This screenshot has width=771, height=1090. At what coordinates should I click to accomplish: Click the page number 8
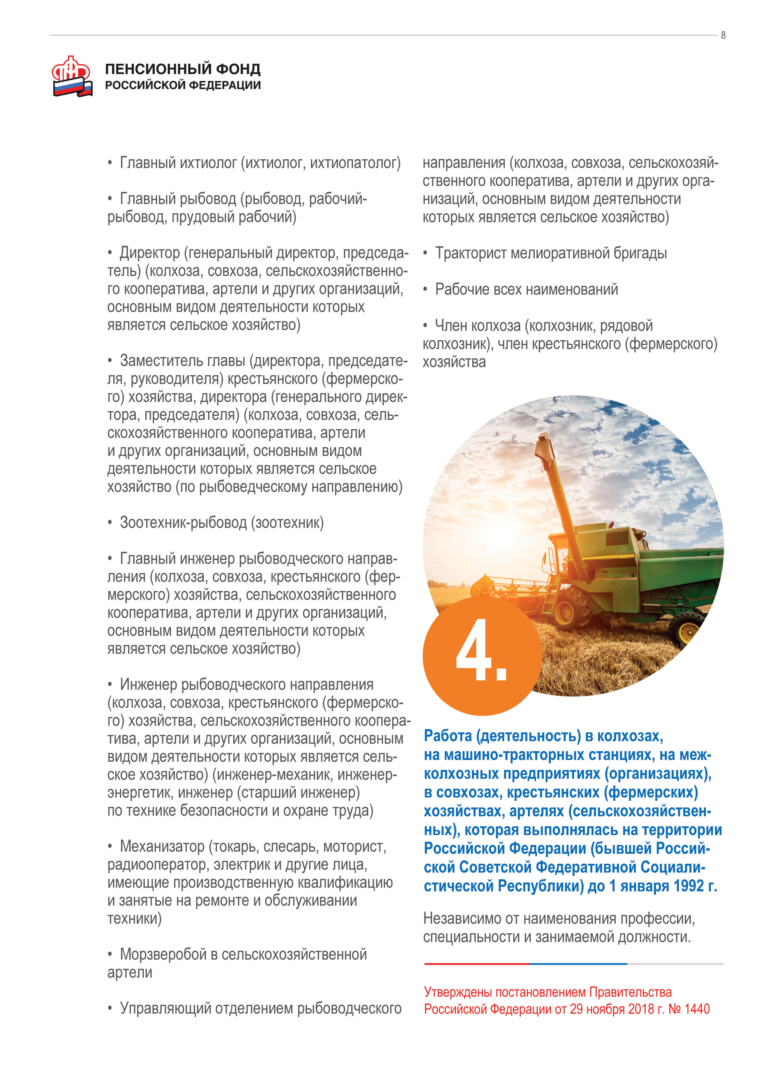(723, 35)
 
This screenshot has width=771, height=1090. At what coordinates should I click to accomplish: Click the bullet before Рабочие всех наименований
(426, 290)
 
